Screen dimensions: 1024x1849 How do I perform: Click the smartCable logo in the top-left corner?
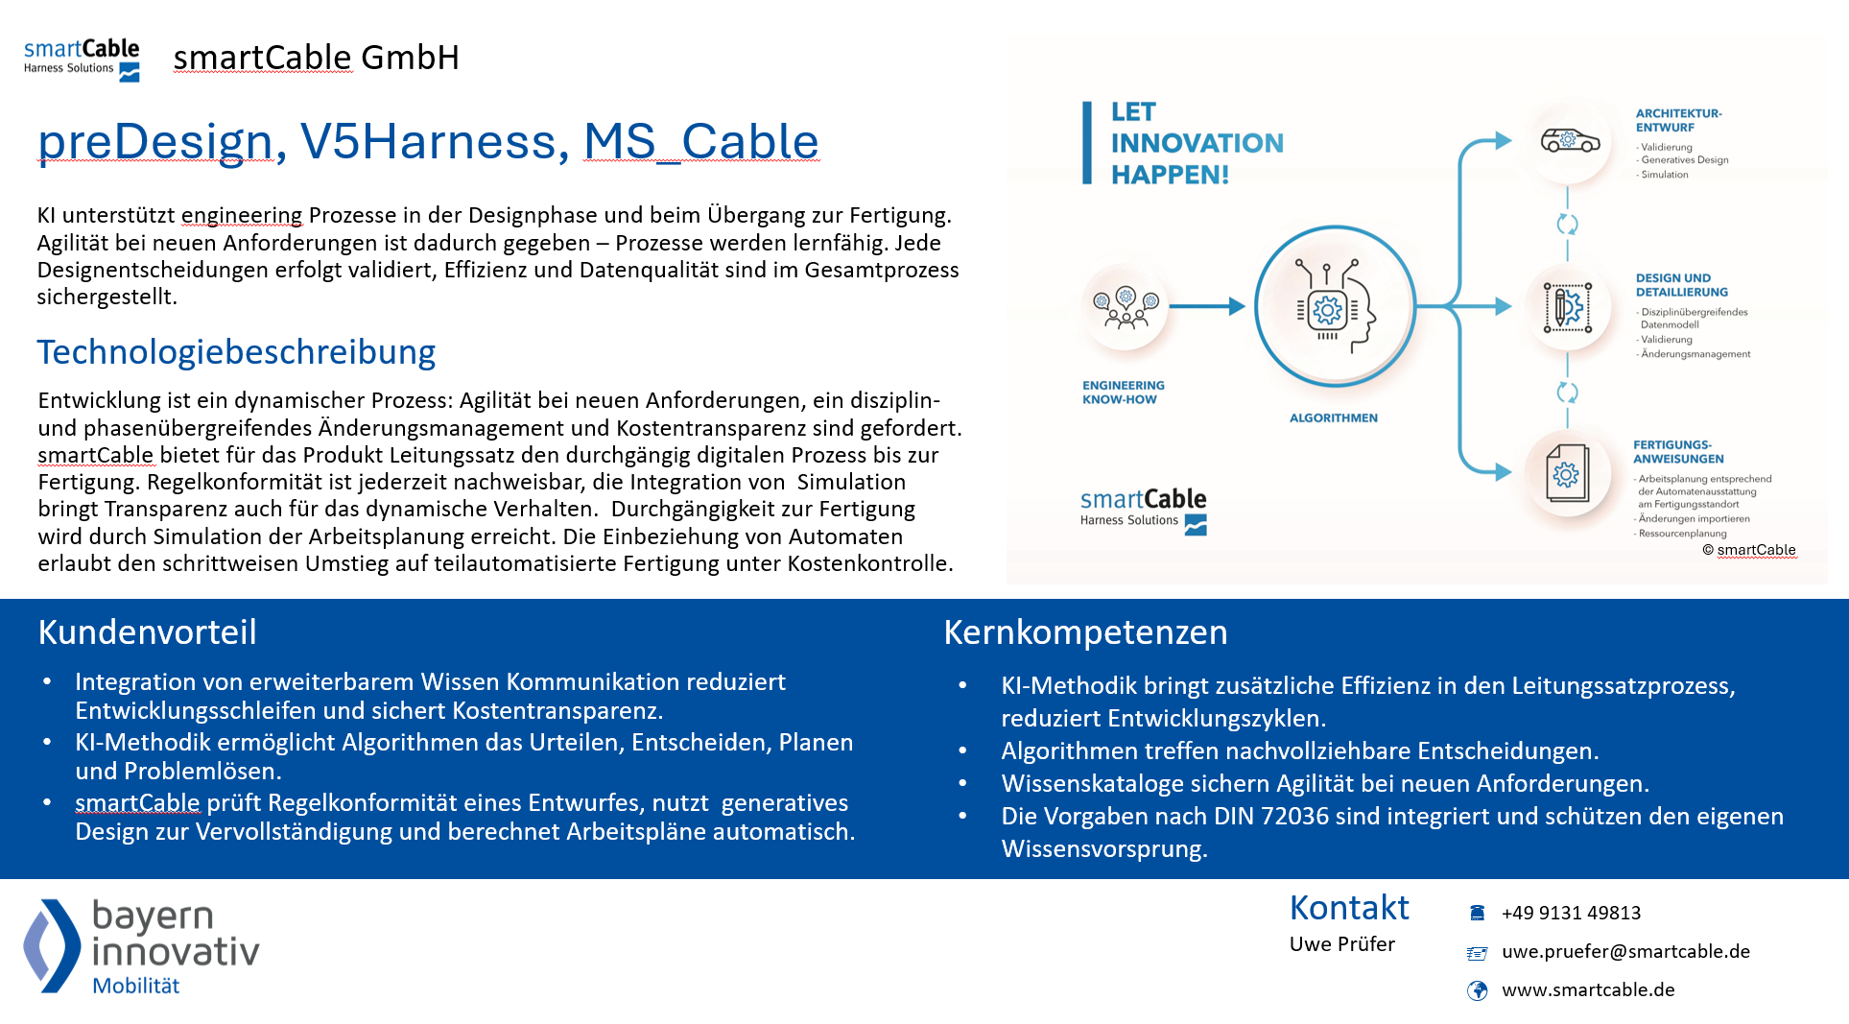pos(82,60)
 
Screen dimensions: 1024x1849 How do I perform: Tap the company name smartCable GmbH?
pos(316,58)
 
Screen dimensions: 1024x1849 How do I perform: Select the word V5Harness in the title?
pos(428,142)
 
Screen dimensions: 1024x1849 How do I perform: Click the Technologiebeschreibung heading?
pos(236,352)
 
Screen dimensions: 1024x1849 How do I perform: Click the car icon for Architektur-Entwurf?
pos(1569,141)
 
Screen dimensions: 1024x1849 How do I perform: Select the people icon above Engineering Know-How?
pos(1125,308)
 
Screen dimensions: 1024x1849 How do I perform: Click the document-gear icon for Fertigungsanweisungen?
pos(1567,473)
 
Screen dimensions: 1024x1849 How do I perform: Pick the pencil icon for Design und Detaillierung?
pos(1568,308)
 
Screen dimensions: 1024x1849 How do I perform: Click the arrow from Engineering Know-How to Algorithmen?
pos(1207,307)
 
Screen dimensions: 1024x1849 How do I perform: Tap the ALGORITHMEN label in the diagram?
pos(1333,418)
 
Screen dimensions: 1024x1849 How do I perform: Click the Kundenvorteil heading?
pos(147,632)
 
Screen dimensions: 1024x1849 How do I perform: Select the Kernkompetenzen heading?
pos(1085,632)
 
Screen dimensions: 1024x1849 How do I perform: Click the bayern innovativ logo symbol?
pos(53,945)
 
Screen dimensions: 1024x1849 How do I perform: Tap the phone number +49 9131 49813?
pos(1571,913)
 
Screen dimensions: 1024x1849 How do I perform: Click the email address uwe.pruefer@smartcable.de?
pos(1625,951)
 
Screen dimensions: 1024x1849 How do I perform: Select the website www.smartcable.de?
pos(1588,989)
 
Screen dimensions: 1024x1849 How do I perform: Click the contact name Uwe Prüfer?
pos(1341,944)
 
